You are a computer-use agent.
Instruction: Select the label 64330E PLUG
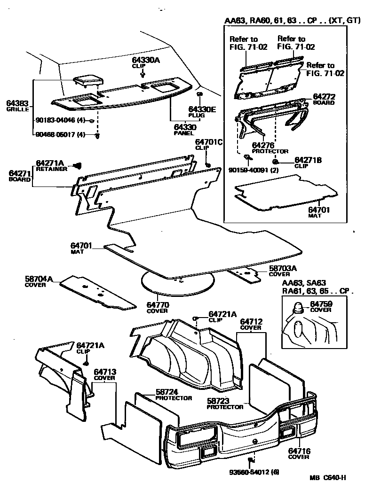pos(202,112)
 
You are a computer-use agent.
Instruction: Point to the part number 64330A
pos(146,61)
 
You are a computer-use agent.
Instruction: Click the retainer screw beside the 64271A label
pos(78,165)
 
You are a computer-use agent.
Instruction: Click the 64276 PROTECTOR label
pos(270,148)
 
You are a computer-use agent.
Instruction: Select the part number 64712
pos(251,321)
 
